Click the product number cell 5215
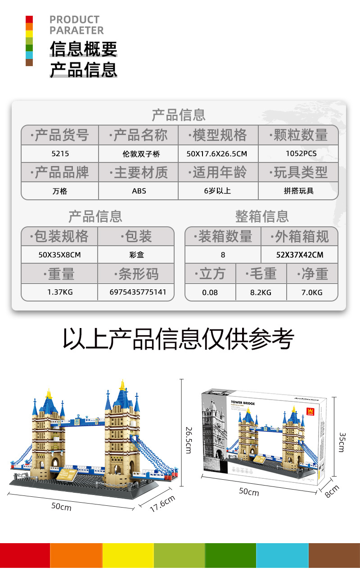(60, 153)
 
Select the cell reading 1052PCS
(301, 153)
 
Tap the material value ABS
(139, 191)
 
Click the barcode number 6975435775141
(138, 292)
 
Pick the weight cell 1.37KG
(60, 292)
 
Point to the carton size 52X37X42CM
(299, 255)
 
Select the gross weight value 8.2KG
(261, 292)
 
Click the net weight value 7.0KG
(312, 292)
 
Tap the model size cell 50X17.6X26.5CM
(216, 153)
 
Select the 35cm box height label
(342, 442)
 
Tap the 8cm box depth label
(332, 490)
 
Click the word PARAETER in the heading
(76, 31)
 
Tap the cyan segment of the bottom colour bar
(282, 555)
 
